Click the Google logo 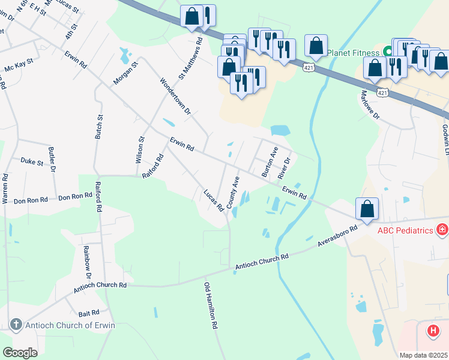click(x=20, y=352)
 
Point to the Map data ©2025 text click(x=423, y=355)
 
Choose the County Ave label click(x=232, y=190)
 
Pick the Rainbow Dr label click(x=87, y=263)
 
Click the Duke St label click(x=32, y=162)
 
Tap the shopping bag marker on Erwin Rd click(x=367, y=209)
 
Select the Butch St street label click(x=98, y=124)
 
